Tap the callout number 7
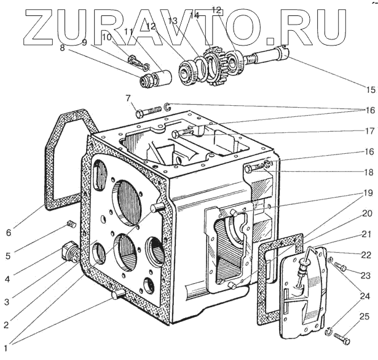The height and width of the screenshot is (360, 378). (128, 98)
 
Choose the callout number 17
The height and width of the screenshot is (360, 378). (368, 131)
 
